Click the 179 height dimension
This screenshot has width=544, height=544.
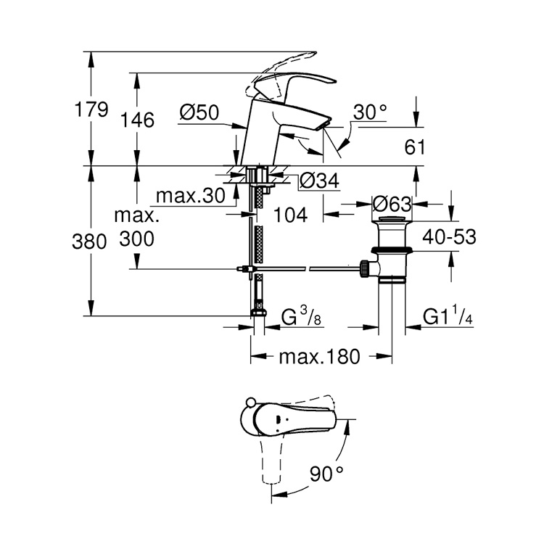[x=91, y=110]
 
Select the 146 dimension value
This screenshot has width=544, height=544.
[x=137, y=120]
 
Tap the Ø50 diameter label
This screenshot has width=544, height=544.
[x=199, y=112]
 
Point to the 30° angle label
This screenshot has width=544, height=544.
[x=370, y=112]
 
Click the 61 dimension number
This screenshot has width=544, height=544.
[x=415, y=147]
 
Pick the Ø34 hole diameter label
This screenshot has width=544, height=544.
[x=320, y=181]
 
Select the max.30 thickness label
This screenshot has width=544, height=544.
[x=191, y=196]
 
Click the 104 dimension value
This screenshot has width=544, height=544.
[x=291, y=215]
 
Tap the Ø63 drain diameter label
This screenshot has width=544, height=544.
[x=392, y=205]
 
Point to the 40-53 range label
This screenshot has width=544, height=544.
[x=449, y=237]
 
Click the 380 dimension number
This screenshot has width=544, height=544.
[x=89, y=242]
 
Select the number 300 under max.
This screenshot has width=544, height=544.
[x=137, y=239]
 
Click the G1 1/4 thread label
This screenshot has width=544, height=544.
[x=448, y=317]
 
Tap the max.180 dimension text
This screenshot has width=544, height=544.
[x=320, y=357]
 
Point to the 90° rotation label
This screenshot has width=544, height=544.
[x=326, y=474]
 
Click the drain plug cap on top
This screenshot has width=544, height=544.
[x=392, y=218]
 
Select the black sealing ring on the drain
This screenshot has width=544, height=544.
[x=392, y=250]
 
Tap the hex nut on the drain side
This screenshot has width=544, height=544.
[x=364, y=268]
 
